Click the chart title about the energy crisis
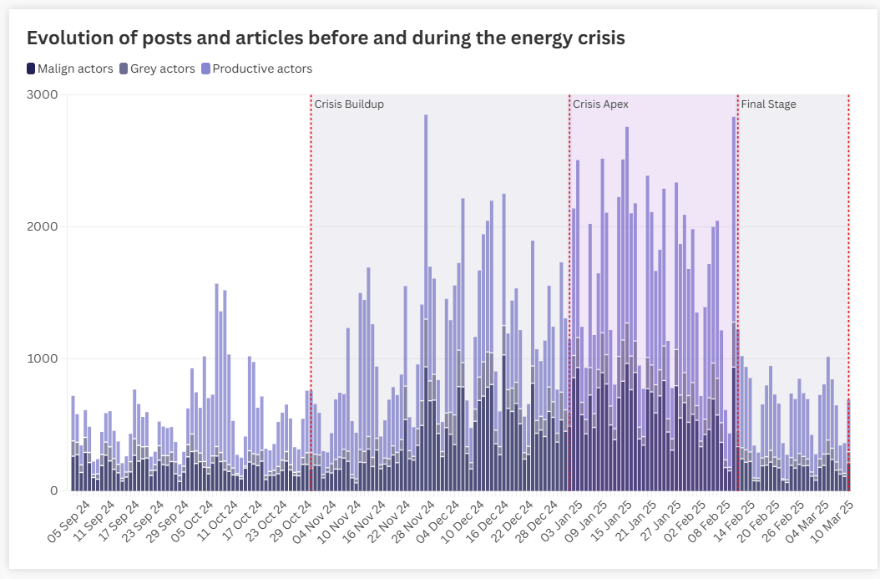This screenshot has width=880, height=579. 326,38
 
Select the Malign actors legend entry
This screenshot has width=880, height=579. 70,69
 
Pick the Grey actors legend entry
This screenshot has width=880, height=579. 158,69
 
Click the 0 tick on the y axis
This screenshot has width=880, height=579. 53,490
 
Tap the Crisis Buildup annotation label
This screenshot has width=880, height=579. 349,104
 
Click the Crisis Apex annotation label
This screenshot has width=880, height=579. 600,104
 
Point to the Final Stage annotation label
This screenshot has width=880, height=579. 768,104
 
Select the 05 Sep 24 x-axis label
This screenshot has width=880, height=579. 70,521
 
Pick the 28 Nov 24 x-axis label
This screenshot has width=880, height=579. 415,521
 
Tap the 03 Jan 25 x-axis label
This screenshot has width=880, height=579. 564,521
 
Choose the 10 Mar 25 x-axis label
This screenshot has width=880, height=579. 834,521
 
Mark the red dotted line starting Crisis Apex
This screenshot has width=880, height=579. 569,292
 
